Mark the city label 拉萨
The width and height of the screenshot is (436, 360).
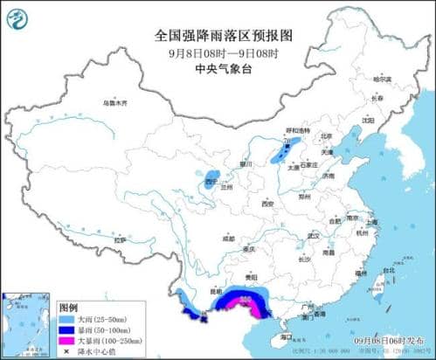121,239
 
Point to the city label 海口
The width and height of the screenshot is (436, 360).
286,336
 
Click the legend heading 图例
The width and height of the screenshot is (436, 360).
68,308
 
